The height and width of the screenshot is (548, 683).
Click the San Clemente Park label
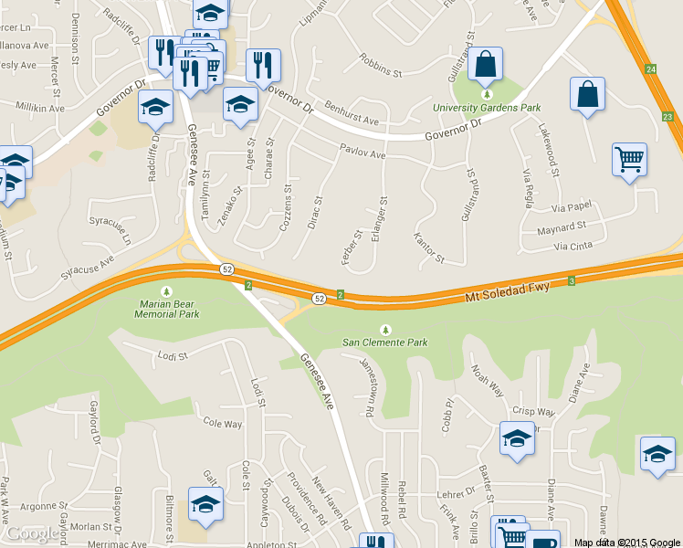click(x=384, y=342)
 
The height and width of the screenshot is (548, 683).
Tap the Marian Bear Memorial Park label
click(x=166, y=308)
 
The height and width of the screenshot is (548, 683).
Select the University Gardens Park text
click(x=487, y=108)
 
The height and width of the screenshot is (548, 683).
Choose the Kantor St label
click(x=428, y=248)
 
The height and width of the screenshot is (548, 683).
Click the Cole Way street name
click(x=223, y=424)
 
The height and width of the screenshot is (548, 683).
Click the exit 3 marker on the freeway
click(x=571, y=280)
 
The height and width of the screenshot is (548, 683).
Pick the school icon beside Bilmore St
click(x=205, y=504)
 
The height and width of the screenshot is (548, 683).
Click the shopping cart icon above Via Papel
click(x=629, y=159)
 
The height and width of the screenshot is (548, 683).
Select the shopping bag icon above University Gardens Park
click(x=486, y=64)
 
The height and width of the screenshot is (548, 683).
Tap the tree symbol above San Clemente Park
click(x=384, y=330)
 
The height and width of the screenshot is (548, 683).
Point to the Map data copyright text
click(x=627, y=543)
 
